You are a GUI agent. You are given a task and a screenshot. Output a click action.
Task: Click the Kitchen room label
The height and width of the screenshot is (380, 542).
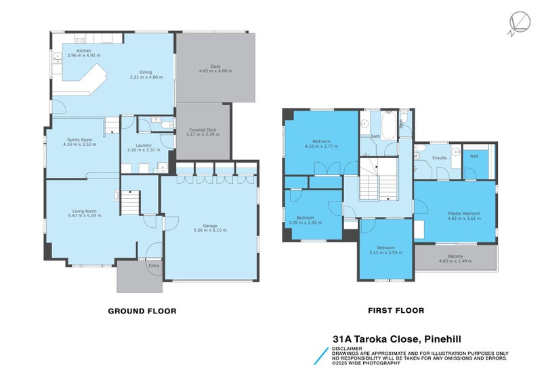click(84, 51)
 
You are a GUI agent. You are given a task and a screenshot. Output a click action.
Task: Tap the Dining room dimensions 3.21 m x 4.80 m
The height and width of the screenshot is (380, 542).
click(141, 77)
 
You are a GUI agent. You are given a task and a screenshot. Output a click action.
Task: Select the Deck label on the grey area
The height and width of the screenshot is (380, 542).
click(215, 66)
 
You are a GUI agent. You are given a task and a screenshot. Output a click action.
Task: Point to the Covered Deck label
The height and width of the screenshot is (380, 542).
click(202, 130)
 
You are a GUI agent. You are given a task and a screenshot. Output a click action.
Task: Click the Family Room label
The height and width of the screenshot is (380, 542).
click(79, 139)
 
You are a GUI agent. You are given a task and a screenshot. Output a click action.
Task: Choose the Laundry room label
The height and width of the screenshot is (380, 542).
click(143, 145)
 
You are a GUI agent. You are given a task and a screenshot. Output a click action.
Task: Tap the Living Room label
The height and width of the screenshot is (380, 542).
click(83, 210)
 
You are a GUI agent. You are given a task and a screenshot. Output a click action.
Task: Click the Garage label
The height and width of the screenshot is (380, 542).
click(210, 225)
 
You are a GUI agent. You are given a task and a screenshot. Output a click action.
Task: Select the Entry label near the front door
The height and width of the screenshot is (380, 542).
click(154, 265)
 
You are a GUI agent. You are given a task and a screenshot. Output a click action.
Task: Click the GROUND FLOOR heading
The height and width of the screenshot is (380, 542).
click(142, 311)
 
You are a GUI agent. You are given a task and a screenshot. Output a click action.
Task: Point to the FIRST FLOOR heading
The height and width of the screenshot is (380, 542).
click(396, 311)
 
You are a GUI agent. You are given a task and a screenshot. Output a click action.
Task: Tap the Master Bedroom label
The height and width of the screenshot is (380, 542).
click(463, 214)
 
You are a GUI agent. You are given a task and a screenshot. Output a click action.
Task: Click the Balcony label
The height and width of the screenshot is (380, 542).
click(455, 256)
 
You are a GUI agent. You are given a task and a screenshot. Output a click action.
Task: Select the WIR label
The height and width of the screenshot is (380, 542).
click(474, 157)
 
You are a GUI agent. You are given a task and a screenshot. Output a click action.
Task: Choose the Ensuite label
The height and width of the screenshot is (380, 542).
click(439, 157)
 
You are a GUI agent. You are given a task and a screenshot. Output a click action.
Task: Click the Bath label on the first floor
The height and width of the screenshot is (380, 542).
click(375, 136)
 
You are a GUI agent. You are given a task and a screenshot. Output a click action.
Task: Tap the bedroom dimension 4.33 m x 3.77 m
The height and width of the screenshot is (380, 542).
click(320, 146)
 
